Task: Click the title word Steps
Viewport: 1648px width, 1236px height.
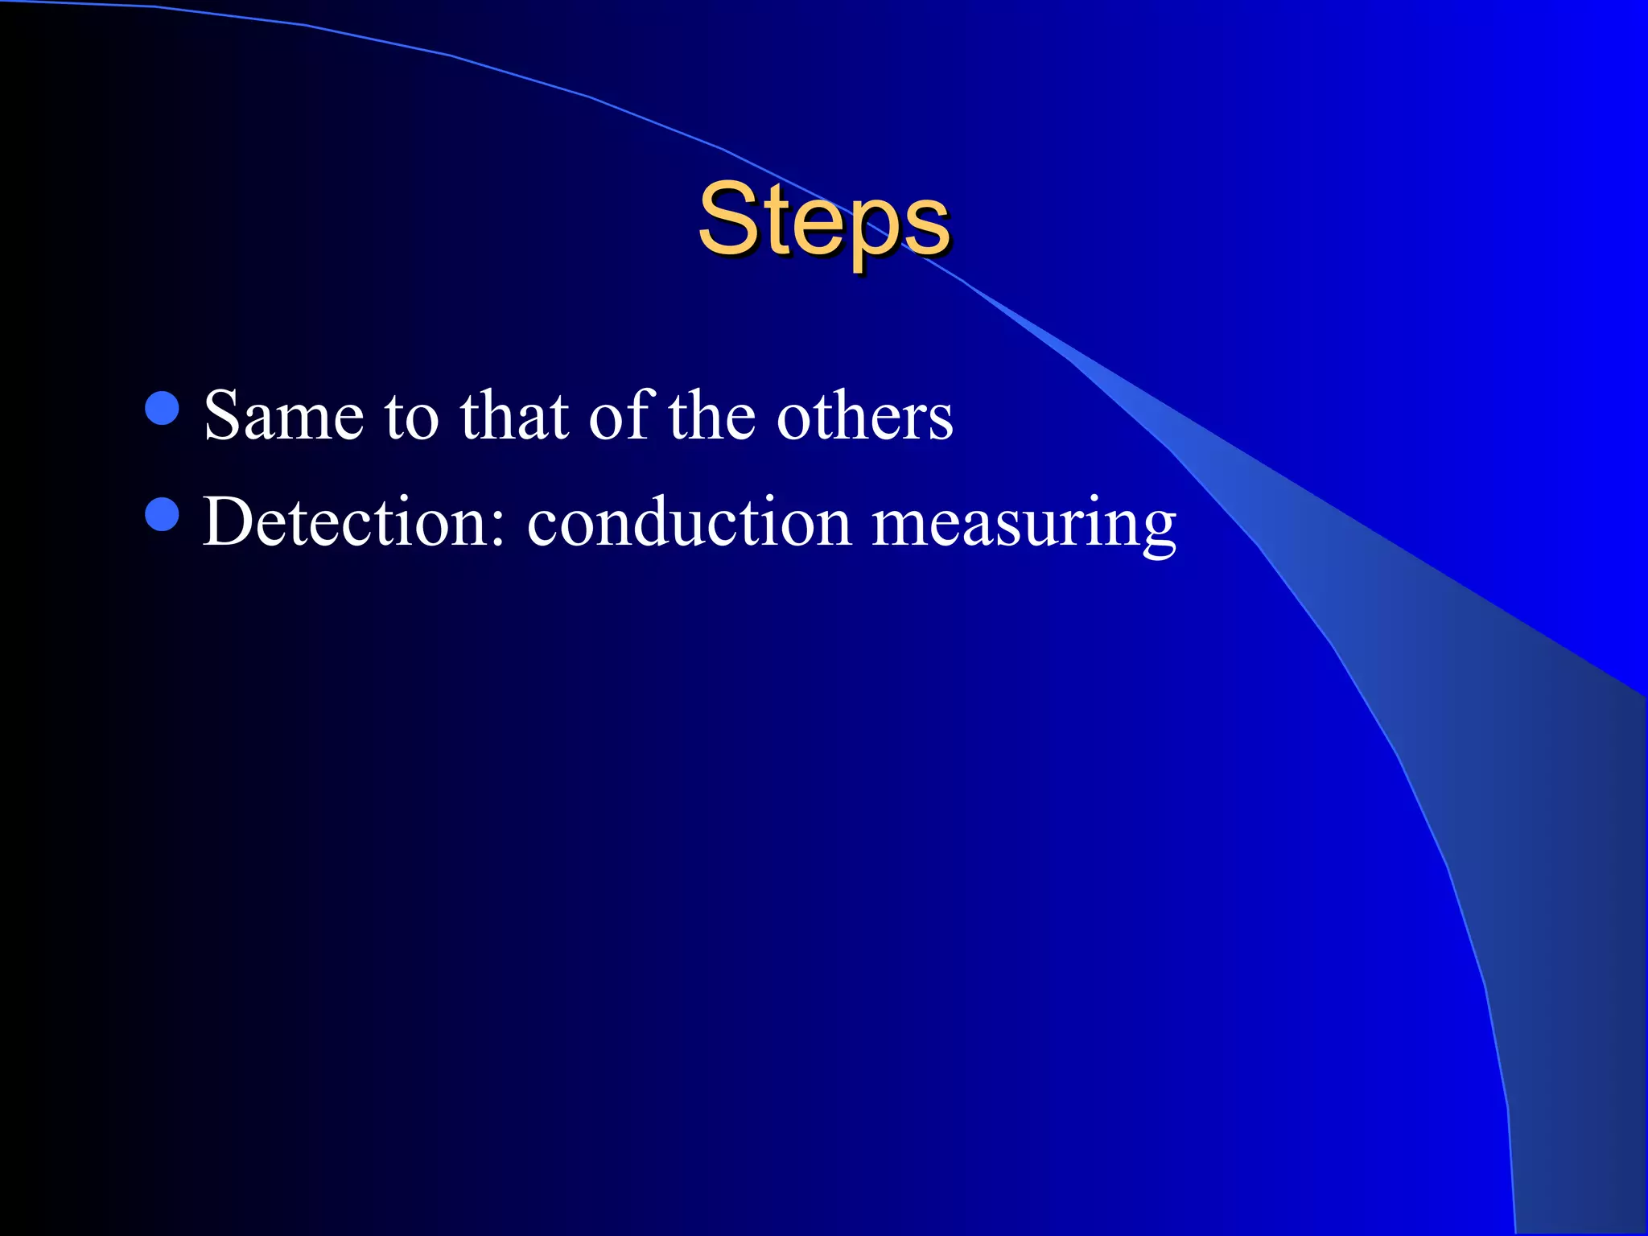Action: click(823, 219)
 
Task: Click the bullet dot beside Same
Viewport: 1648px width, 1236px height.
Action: click(162, 408)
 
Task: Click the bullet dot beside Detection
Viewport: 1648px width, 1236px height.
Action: click(162, 514)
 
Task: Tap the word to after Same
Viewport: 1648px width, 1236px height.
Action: click(411, 418)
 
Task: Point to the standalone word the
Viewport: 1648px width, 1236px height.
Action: click(711, 416)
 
